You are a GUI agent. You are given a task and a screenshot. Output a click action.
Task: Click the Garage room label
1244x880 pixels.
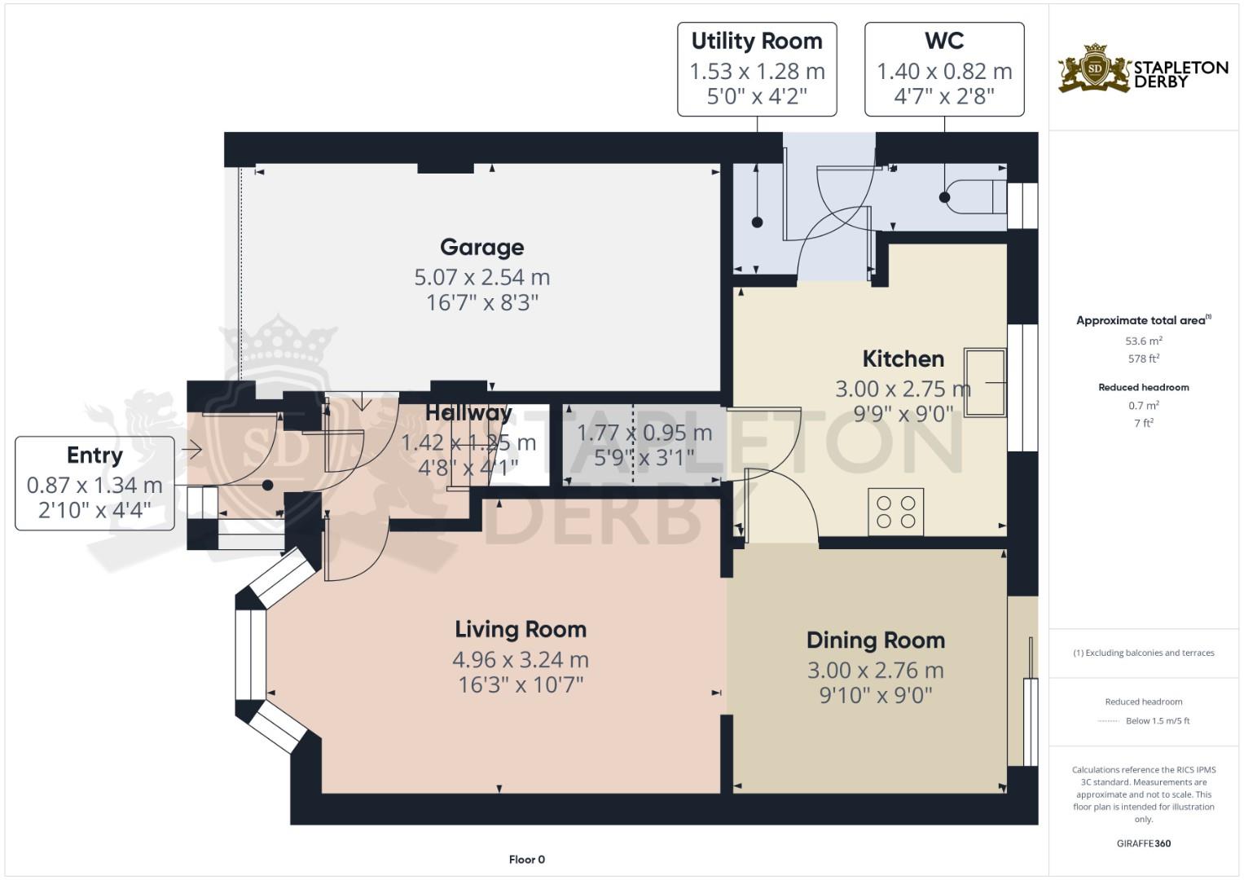481,247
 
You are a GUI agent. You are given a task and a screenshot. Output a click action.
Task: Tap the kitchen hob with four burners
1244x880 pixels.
895,512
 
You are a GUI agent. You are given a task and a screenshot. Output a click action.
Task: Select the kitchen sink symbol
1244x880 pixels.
985,382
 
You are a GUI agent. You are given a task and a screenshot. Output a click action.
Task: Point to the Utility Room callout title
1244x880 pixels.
756,41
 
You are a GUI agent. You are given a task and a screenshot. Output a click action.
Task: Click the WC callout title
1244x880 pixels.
944,41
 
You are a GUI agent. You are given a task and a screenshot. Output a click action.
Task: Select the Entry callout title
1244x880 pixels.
95,455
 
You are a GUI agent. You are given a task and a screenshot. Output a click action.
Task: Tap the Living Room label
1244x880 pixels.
520,629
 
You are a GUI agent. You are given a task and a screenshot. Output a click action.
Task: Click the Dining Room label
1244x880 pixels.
875,640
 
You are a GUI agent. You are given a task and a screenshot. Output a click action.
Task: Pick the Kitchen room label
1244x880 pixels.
903,359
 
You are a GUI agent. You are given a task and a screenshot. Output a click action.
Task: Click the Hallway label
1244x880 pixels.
468,412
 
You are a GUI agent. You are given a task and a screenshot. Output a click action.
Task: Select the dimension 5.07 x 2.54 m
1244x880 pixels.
481,277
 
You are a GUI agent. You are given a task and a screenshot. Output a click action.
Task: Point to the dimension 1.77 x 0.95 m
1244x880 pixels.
644,433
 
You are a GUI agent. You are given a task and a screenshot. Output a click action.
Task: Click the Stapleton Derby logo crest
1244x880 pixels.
1095,68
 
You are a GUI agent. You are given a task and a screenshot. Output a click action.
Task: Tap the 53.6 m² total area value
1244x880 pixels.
1143,341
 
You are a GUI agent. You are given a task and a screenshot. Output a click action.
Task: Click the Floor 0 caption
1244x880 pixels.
526,860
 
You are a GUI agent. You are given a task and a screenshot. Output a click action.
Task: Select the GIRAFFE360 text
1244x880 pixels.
1143,843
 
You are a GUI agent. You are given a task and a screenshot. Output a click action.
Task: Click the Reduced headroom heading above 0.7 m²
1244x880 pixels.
1143,387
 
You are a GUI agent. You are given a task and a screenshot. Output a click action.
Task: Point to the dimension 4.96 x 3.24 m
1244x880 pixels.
520,659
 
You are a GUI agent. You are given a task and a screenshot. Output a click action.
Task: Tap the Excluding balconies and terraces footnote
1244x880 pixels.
1143,653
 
